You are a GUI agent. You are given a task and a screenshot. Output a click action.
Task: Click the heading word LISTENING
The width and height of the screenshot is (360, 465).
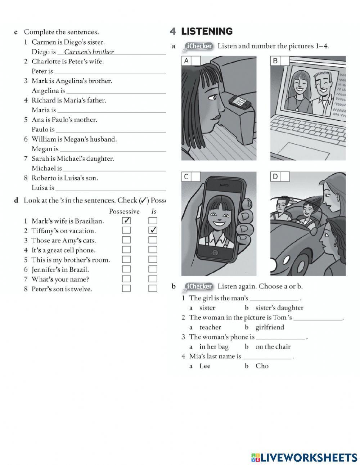pos(207,32)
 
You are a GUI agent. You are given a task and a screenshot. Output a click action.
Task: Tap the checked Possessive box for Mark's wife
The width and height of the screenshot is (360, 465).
pos(126,220)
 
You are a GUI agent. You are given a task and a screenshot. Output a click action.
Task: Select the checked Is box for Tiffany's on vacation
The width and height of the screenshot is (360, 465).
pos(153,230)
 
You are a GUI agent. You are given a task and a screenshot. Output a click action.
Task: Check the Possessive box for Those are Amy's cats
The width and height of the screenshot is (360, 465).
pos(126,240)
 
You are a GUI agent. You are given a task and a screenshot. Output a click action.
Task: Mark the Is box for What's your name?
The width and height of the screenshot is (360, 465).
pos(153,279)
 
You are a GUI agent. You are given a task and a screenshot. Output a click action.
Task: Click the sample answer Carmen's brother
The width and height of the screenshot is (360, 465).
pos(89,52)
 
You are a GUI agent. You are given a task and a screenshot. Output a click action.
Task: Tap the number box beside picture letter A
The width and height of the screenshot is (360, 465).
pos(196,61)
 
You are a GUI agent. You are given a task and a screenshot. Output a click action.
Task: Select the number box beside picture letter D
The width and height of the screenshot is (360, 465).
pos(285,176)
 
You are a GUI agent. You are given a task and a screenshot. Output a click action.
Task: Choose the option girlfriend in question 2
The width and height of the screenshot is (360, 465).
pos(270,327)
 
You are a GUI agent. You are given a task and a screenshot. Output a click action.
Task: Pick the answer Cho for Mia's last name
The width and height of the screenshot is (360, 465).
pos(262,366)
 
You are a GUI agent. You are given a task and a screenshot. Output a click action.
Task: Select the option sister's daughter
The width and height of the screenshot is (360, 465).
pos(279,308)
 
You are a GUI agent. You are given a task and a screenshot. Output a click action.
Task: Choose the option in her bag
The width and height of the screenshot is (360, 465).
pos(214,347)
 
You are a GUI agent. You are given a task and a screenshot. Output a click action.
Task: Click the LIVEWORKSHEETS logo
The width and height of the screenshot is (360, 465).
pos(304,457)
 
